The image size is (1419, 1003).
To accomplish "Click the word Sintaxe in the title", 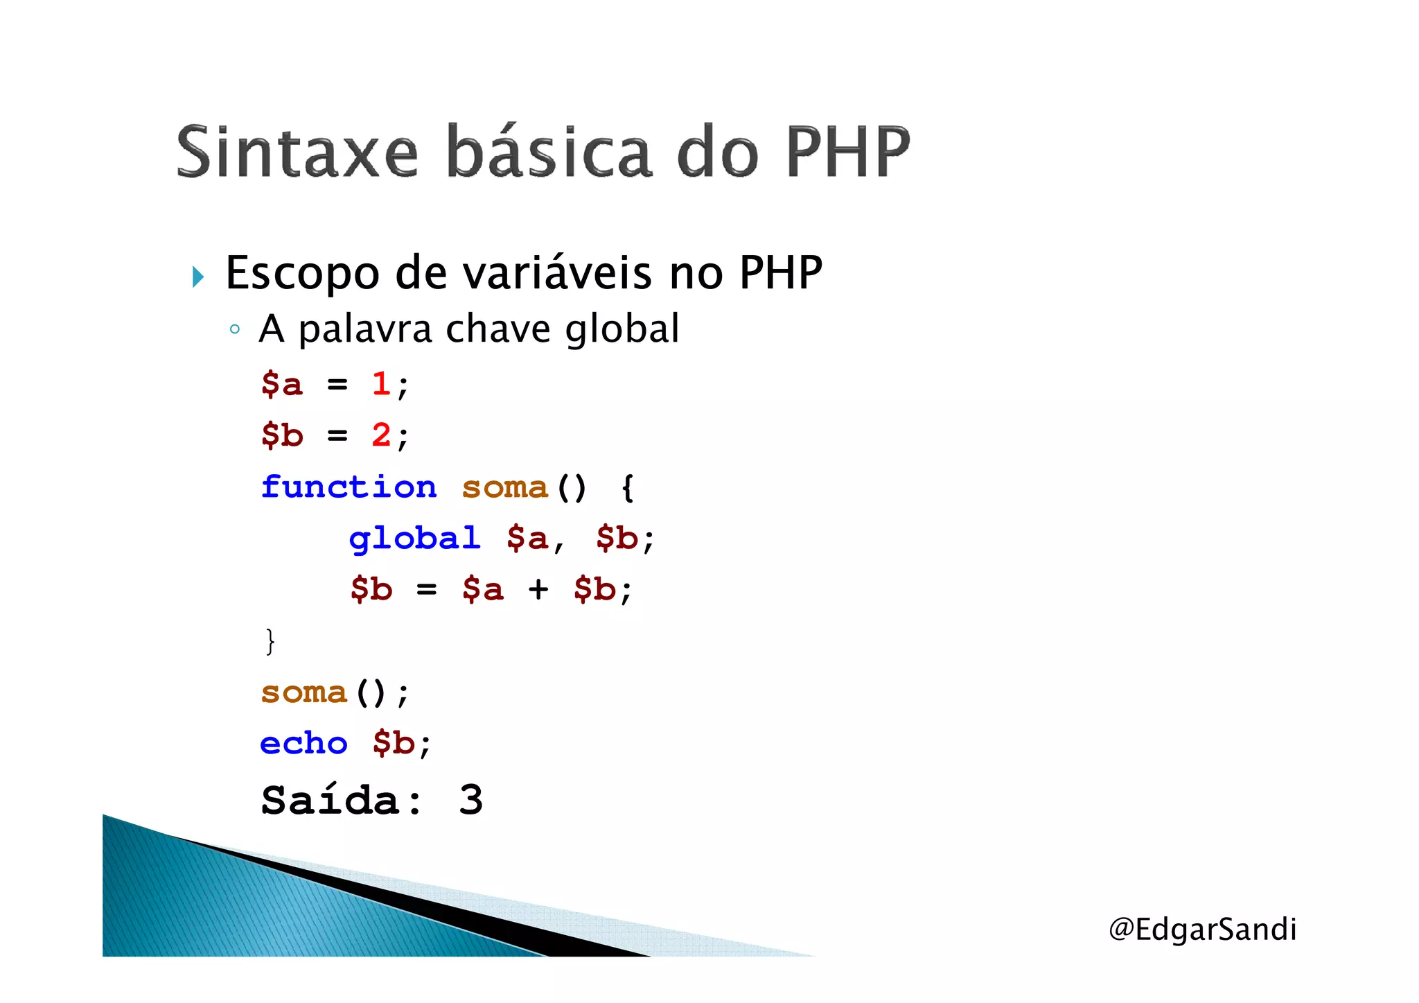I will (297, 152).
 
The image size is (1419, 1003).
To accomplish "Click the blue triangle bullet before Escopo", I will (198, 277).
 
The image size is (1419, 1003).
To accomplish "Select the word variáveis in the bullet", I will (557, 272).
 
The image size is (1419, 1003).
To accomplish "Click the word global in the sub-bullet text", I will (622, 329).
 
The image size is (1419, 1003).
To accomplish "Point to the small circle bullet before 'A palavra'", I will (235, 329).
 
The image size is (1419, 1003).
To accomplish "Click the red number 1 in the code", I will (380, 384).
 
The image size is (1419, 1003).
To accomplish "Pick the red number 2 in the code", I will (380, 435).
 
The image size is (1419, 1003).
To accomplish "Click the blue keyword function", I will (349, 487).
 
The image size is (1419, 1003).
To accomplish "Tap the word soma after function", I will (504, 488).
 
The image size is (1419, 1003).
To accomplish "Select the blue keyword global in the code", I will (414, 539).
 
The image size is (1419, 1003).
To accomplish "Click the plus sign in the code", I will (538, 590).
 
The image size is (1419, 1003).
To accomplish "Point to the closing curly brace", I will (270, 641).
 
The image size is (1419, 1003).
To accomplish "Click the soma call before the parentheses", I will (303, 692).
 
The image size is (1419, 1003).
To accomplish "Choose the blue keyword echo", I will (303, 744).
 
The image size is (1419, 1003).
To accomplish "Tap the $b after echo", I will (393, 744).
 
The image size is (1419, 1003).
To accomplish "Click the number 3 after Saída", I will (470, 800).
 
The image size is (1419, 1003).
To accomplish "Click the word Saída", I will (331, 800).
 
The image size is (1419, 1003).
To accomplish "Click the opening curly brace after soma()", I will (627, 487).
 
